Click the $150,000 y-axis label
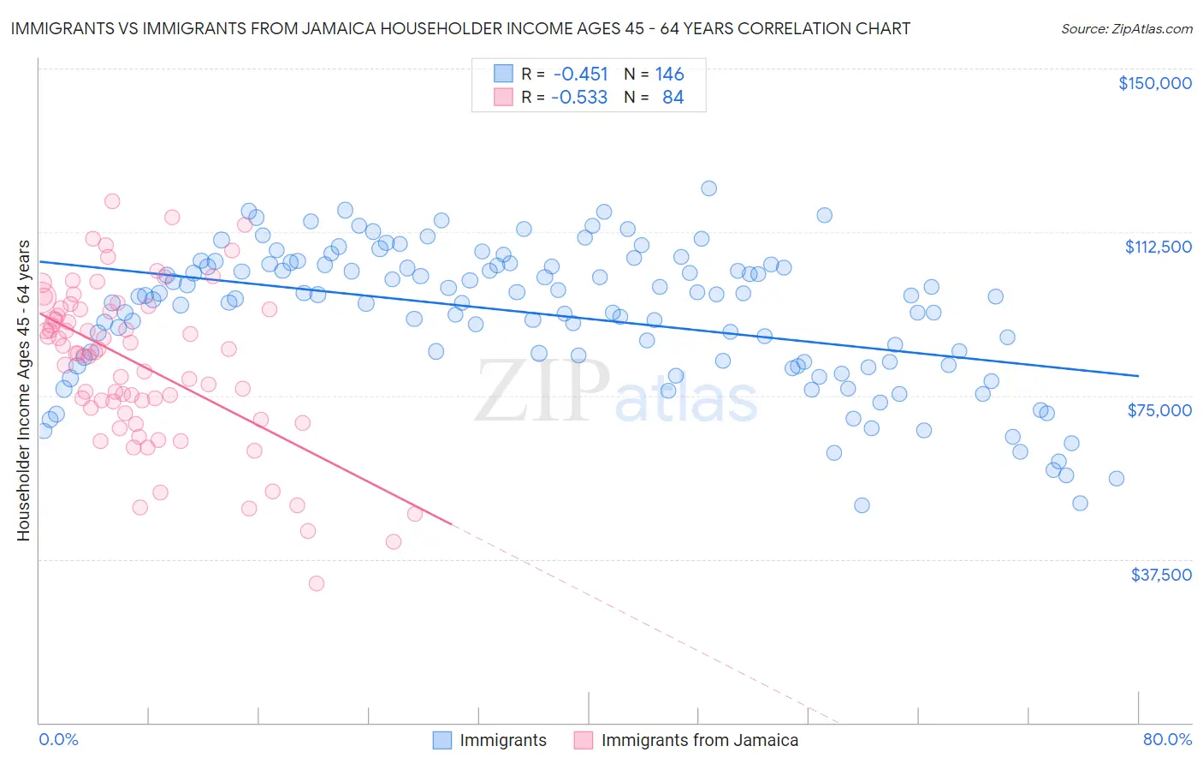coord(1154,83)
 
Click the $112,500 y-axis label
coord(1158,247)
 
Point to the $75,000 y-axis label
coord(1159,410)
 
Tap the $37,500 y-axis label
coord(1161,575)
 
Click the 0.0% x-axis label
coord(58,740)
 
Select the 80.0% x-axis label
coord(1167,740)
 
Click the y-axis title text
coord(23,391)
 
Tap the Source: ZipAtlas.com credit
coord(1126,28)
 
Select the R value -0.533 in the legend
coord(579,97)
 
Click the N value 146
coord(670,74)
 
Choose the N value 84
coord(673,97)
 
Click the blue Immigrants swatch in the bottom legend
coord(441,740)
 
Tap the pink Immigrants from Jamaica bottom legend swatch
coord(584,740)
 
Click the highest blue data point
coord(708,188)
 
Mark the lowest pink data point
coord(317,583)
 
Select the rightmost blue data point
coord(1117,479)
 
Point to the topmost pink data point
coord(112,201)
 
